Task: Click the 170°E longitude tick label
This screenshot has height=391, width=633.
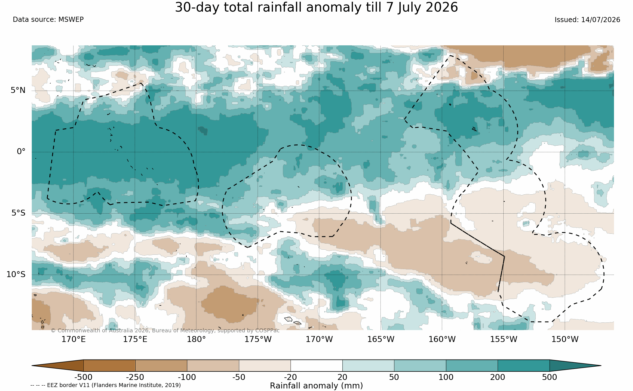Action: (73, 339)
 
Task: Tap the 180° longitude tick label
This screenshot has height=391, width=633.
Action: (196, 339)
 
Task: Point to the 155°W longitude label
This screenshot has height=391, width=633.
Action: (504, 339)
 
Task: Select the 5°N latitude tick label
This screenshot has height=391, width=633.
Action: (18, 90)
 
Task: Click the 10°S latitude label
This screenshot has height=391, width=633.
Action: (16, 274)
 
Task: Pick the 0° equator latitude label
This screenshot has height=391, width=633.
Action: (21, 151)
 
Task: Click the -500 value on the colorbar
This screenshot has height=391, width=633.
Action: (83, 377)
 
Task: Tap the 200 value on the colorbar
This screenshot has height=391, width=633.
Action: (498, 377)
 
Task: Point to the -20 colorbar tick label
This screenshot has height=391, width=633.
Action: (291, 377)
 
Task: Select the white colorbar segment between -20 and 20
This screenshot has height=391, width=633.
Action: (316, 365)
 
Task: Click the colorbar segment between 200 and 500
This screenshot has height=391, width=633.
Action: (523, 365)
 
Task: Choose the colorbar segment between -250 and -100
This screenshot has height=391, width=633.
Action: (161, 365)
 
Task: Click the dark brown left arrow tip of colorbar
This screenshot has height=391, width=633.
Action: (32, 365)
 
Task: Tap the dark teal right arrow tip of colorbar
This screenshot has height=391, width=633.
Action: (600, 365)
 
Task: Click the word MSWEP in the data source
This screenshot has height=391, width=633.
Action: (71, 20)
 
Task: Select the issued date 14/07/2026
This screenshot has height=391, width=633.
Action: (601, 20)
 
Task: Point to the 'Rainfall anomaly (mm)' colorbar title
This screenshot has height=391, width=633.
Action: (316, 386)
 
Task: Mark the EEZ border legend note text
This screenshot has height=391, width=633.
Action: (106, 385)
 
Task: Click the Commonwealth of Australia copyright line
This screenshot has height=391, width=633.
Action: (165, 330)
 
